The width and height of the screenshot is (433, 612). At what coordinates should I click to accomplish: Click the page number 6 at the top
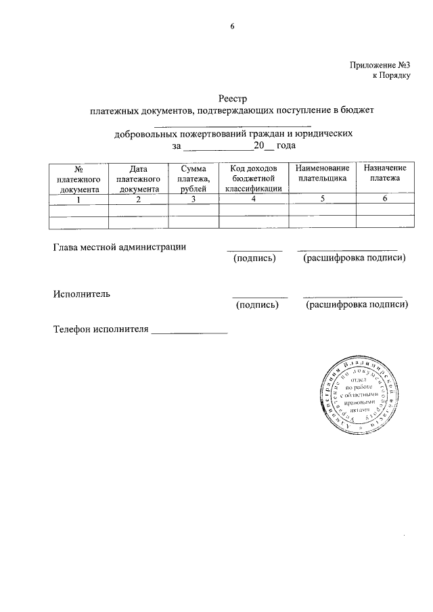pos(231,27)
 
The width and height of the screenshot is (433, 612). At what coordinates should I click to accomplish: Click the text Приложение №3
pos(381,65)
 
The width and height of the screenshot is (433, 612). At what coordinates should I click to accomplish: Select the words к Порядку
pos(392,76)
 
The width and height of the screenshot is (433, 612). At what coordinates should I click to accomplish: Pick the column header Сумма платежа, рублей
pos(193,179)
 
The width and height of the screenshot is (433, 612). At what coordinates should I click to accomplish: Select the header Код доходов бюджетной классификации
pos(253,179)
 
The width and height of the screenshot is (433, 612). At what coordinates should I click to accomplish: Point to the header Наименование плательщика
pos(321,173)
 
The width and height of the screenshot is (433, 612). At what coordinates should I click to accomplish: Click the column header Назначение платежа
pos(385,173)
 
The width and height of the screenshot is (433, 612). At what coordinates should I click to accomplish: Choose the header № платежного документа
pos(78,179)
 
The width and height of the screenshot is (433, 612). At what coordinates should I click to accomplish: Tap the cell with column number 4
pos(253,199)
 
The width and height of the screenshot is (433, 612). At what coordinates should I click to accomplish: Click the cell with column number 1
pos(78,199)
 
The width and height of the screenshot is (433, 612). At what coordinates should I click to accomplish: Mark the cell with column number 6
pos(385,199)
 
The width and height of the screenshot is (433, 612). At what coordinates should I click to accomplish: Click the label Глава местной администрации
pos(119,247)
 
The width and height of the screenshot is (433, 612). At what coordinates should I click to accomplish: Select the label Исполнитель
pos(82,293)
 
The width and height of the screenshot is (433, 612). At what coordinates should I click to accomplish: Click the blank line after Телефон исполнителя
pos(189,331)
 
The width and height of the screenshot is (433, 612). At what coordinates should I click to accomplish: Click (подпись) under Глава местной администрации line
pos(254,259)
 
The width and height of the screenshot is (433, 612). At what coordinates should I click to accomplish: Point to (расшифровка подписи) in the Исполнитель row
pos(357,306)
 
